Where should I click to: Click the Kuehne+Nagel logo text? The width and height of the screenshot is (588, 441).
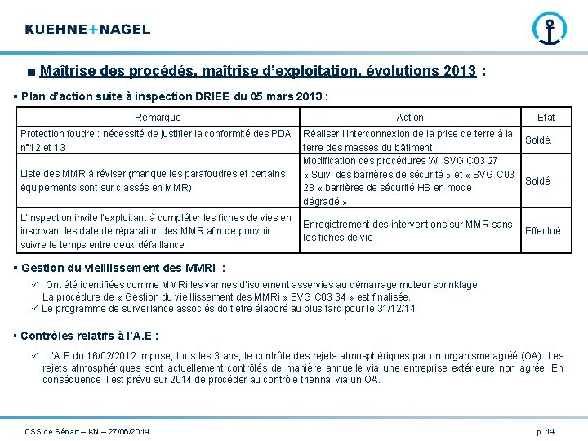(87, 29)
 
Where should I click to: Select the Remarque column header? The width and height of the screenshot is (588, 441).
(158, 118)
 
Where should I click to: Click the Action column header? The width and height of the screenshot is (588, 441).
(410, 118)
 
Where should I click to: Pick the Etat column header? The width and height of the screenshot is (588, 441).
(546, 118)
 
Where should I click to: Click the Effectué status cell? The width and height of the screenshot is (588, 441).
(542, 231)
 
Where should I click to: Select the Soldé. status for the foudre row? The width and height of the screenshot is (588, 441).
(538, 140)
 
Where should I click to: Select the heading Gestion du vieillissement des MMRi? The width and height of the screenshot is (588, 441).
(120, 269)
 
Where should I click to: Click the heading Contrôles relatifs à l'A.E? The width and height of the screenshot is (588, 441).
(89, 336)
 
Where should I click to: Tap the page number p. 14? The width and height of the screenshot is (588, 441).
(546, 430)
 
